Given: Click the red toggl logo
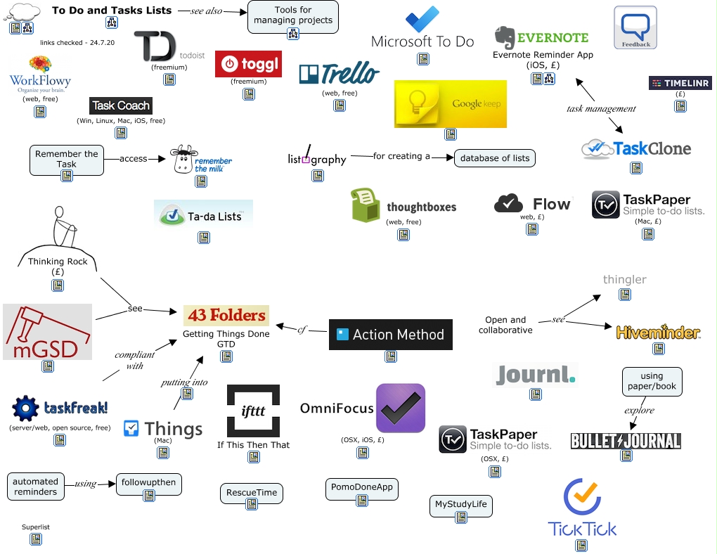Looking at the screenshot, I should (x=248, y=64).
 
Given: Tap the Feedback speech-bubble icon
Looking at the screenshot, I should (x=635, y=28).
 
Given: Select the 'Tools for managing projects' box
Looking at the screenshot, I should (x=293, y=16).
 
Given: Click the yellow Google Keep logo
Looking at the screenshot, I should (x=450, y=104).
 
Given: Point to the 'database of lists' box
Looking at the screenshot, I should (x=494, y=158).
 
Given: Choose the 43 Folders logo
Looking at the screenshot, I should (x=225, y=315).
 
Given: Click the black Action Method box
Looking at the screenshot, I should (x=391, y=335).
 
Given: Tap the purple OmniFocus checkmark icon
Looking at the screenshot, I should (x=401, y=408).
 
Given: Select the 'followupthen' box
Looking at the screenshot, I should (x=149, y=484).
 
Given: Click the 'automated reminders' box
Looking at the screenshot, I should (x=36, y=487).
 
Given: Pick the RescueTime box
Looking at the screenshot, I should (x=252, y=493).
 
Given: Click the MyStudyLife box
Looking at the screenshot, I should (x=461, y=505).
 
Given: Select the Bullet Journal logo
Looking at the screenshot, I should (x=626, y=441).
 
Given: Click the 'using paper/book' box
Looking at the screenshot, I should (x=652, y=382).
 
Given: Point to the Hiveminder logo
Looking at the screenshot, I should (x=657, y=332).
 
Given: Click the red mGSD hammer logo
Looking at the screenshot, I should (x=47, y=332).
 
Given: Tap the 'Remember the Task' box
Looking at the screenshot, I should (x=67, y=160).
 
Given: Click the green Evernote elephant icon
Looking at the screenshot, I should (x=505, y=38).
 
